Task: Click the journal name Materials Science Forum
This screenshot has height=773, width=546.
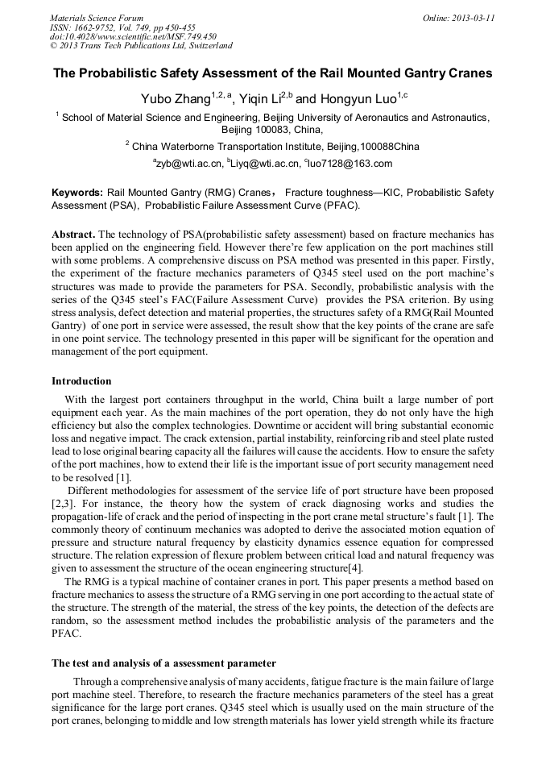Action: [x=97, y=18]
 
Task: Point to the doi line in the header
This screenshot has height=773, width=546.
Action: [x=133, y=37]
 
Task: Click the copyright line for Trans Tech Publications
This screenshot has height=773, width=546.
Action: [x=141, y=47]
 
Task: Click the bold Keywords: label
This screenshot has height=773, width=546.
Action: [x=77, y=193]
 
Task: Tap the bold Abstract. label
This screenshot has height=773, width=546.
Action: [x=73, y=234]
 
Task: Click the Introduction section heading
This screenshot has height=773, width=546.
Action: [x=81, y=380]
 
